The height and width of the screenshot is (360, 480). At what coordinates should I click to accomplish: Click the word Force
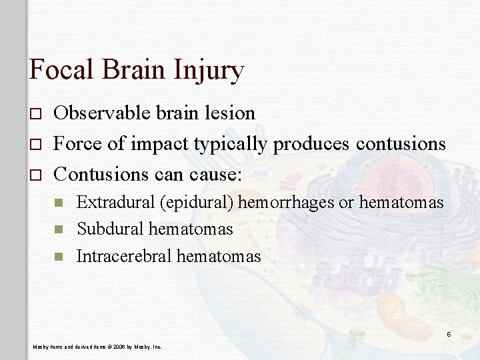coord(75,143)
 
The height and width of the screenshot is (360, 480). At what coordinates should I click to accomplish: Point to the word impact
coord(155,145)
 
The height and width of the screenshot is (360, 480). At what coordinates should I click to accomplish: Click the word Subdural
coord(110,229)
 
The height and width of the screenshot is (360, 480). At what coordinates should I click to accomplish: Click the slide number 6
coord(449,334)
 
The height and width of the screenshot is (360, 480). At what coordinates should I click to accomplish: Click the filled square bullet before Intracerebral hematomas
coord(58,257)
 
